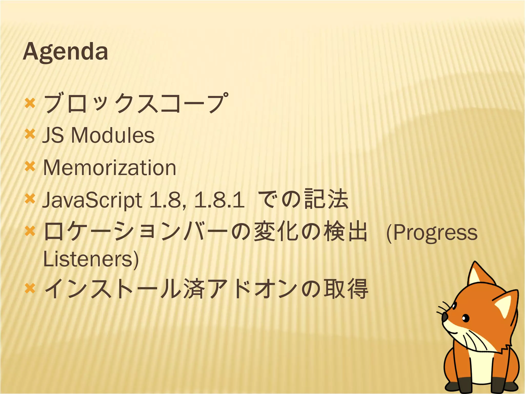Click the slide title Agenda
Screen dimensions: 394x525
[65, 52]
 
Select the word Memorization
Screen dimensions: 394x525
[110, 168]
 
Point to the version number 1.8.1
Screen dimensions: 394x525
[219, 200]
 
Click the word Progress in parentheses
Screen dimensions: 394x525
[435, 233]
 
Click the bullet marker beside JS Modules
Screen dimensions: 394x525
[30, 134]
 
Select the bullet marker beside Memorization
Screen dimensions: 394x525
[30, 167]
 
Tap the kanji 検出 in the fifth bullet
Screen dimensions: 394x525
[346, 232]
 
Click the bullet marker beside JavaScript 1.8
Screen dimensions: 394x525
[30, 199]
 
